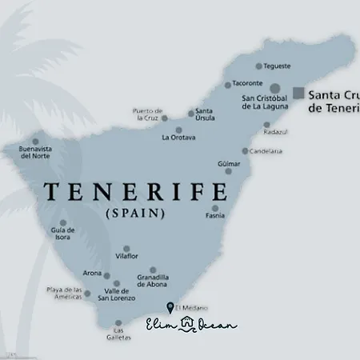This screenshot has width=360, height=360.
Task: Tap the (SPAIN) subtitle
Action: coord(134,214)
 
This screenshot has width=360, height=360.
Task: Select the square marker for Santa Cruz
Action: coord(298,93)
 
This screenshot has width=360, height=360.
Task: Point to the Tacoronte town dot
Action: coord(228,83)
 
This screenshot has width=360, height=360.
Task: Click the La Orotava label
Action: coord(177,138)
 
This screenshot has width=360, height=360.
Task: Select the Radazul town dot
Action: coord(267,125)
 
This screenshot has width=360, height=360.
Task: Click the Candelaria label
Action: coord(266,150)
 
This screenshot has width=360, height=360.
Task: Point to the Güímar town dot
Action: coord(228,170)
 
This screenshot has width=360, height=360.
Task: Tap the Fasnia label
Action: coord(215,215)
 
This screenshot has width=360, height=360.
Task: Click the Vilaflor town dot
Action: coord(126,249)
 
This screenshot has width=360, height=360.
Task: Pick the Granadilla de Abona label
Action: coord(152,281)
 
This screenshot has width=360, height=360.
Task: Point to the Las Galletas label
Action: coord(118,334)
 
